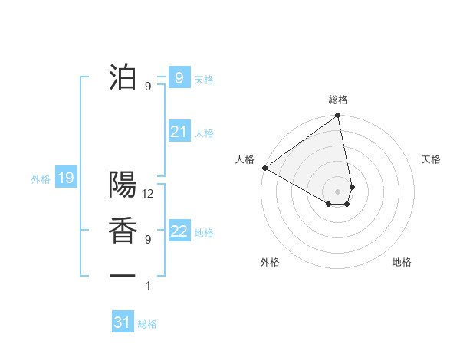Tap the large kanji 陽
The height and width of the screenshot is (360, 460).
click(123, 185)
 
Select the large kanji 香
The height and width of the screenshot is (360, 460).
click(123, 231)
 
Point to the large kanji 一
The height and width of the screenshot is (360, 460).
click(123, 275)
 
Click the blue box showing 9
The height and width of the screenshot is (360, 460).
click(179, 77)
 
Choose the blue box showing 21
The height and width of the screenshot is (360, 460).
click(179, 132)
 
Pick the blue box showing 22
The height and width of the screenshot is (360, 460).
click(179, 231)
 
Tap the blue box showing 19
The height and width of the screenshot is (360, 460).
click(65, 178)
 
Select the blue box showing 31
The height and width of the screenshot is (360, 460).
click(123, 322)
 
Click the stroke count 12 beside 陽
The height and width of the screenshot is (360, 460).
click(149, 195)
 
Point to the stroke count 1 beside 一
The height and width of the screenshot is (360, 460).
click(149, 286)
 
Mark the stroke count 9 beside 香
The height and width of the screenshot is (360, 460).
click(149, 240)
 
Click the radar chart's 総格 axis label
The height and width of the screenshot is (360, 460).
click(338, 100)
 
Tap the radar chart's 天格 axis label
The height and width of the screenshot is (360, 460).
click(431, 159)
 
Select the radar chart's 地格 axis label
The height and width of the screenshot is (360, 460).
click(402, 262)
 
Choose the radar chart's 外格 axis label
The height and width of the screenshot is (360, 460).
click(270, 262)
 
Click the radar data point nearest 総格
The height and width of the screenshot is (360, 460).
click(337, 116)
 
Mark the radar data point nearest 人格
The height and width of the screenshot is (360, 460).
click(264, 168)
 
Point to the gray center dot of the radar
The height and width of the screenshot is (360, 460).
click(337, 191)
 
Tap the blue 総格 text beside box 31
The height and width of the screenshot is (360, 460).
click(147, 324)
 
